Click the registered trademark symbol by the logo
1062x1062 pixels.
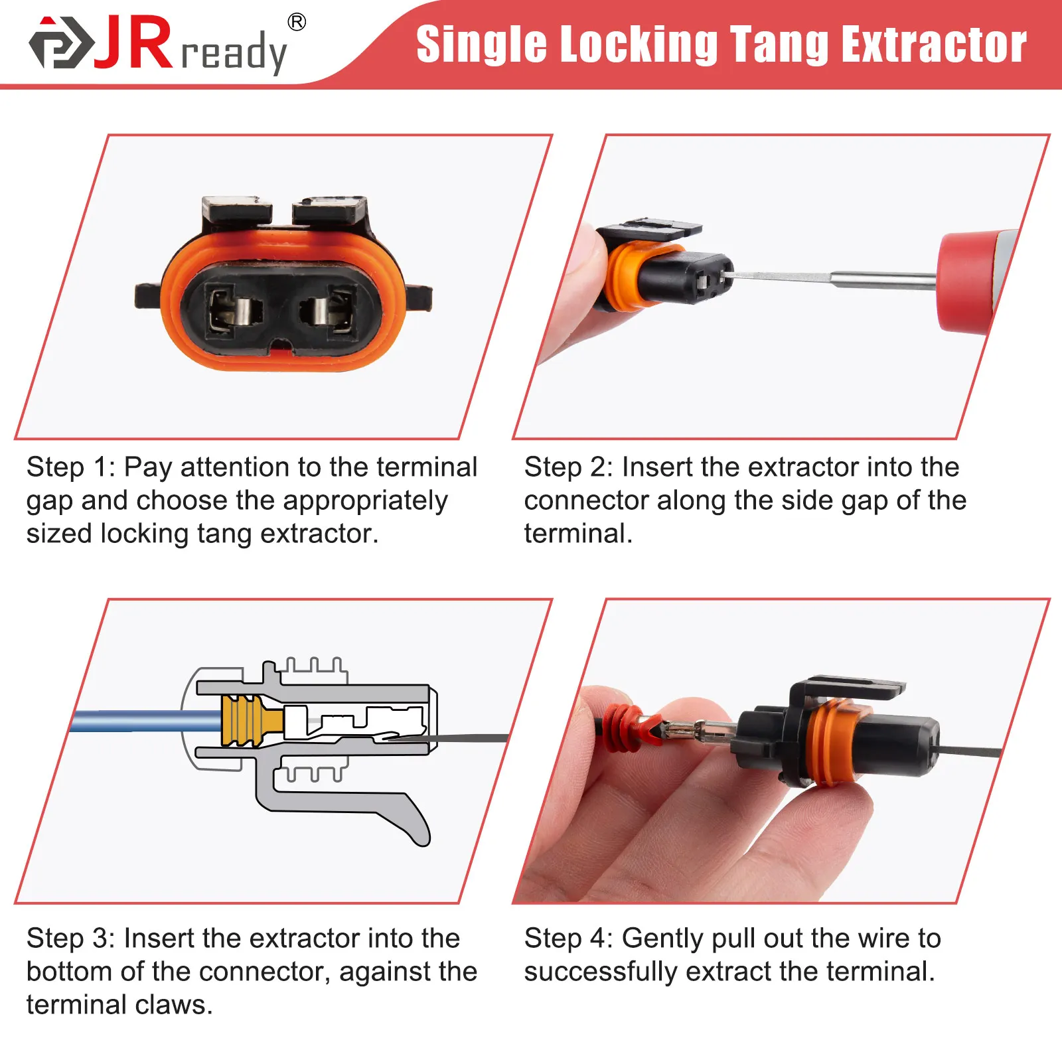297,23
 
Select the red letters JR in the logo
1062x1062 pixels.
134,44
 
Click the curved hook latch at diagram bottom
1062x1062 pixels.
412,823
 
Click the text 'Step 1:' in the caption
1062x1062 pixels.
70,467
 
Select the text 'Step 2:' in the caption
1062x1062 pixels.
568,467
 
